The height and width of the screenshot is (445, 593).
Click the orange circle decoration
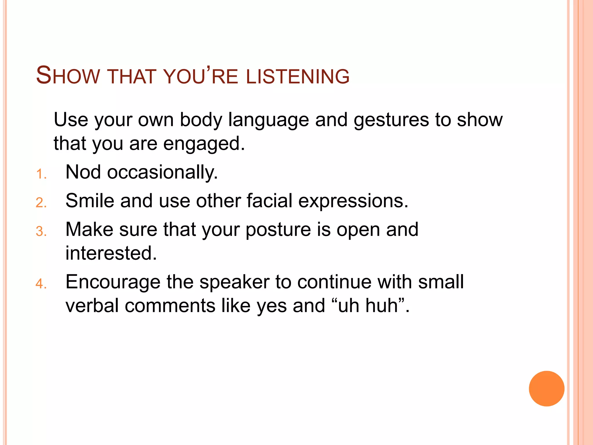pyautogui.click(x=546, y=389)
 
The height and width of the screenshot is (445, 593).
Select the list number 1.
pyautogui.click(x=41, y=174)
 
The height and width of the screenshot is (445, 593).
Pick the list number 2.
pyautogui.click(x=41, y=203)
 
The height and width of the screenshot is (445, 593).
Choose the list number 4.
pyautogui.click(x=41, y=284)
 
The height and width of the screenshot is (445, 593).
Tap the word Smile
pyautogui.click(x=90, y=200)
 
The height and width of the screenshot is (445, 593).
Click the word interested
pyautogui.click(x=111, y=253)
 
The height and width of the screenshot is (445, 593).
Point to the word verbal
pyautogui.click(x=92, y=306)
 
